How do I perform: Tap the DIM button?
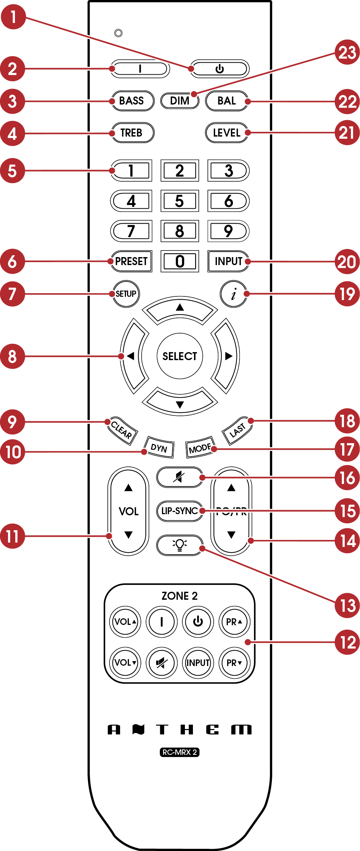coord(179,101)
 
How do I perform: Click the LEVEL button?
coord(226,133)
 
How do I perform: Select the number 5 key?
coord(179,201)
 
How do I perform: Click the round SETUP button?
coord(126,293)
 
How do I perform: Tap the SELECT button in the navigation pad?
coord(179,356)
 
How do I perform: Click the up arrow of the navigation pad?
coord(179,309)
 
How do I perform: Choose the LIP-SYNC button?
coord(179,511)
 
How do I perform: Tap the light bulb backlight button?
coord(179,545)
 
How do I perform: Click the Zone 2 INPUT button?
coord(198,662)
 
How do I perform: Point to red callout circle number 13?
coord(347,605)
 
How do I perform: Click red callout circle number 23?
coord(347,52)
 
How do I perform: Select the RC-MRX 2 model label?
coord(179,752)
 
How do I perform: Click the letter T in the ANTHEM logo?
coord(162,729)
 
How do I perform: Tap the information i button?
coord(233,293)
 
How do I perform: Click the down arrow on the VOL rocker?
coord(128,535)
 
